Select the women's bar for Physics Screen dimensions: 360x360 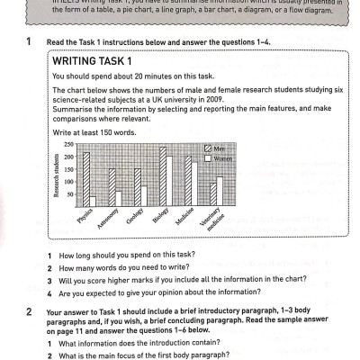[93, 202]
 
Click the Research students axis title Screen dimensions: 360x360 [56, 176]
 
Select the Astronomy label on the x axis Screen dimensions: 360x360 [109, 220]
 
